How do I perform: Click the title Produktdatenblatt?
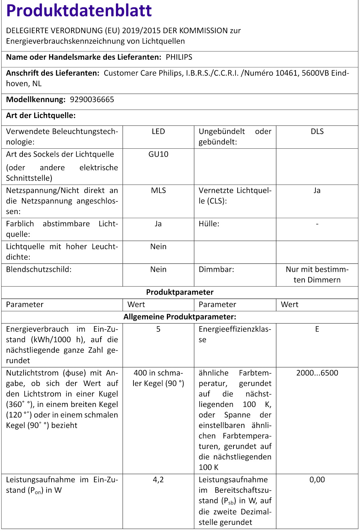coord(79,11)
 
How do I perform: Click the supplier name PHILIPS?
coord(179,57)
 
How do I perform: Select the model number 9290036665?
coord(92,100)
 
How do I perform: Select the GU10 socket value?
coord(158,154)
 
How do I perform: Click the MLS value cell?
coord(158,190)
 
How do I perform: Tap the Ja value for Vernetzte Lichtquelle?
coord(317,190)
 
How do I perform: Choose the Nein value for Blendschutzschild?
coord(158,269)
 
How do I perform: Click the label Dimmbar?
coord(216,269)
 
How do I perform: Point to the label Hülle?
coord(209,224)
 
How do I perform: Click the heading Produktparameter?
coord(180,292)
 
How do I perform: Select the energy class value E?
coord(317,329)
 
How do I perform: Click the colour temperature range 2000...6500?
coord(317,373)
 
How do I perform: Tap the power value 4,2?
coord(158,480)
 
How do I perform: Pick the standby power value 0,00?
coord(317,480)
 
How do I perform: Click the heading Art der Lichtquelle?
coord(41,115)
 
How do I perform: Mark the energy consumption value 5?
coord(158,329)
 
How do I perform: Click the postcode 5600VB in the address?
coord(315,73)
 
